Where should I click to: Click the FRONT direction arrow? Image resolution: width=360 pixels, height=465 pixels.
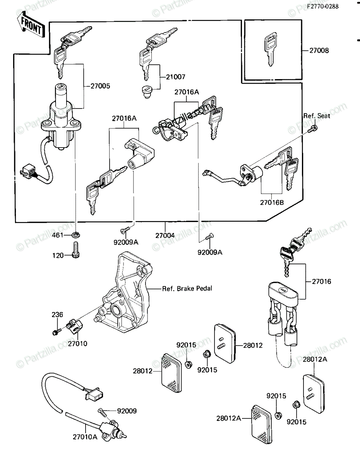(x=31, y=26)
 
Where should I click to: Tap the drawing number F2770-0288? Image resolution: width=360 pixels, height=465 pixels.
(x=323, y=7)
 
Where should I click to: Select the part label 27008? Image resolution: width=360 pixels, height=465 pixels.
(x=319, y=50)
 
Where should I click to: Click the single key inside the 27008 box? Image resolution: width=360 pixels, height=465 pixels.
(x=271, y=49)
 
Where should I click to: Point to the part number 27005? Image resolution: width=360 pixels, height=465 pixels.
(x=100, y=86)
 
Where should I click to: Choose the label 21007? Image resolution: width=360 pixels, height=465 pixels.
(x=176, y=77)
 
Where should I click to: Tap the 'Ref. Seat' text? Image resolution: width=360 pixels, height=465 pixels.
(x=317, y=116)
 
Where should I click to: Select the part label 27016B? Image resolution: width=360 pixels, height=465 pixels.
(x=272, y=202)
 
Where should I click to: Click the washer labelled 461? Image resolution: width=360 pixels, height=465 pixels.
(x=76, y=235)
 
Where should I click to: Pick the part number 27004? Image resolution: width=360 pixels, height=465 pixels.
(x=165, y=236)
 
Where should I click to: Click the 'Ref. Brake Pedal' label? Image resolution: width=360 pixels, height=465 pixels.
(x=187, y=288)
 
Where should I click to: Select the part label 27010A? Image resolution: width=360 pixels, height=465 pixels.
(x=85, y=437)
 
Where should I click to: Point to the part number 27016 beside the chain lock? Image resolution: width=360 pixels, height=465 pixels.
(x=321, y=281)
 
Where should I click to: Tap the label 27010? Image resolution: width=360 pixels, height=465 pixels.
(x=77, y=344)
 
